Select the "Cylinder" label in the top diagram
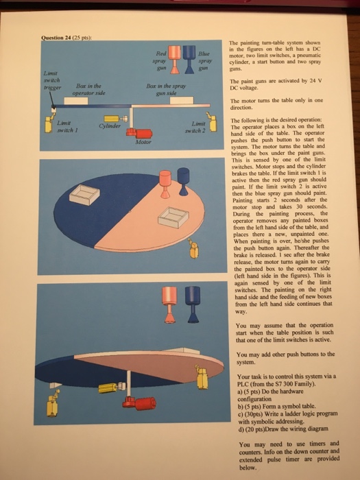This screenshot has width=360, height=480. tap(109, 127)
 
